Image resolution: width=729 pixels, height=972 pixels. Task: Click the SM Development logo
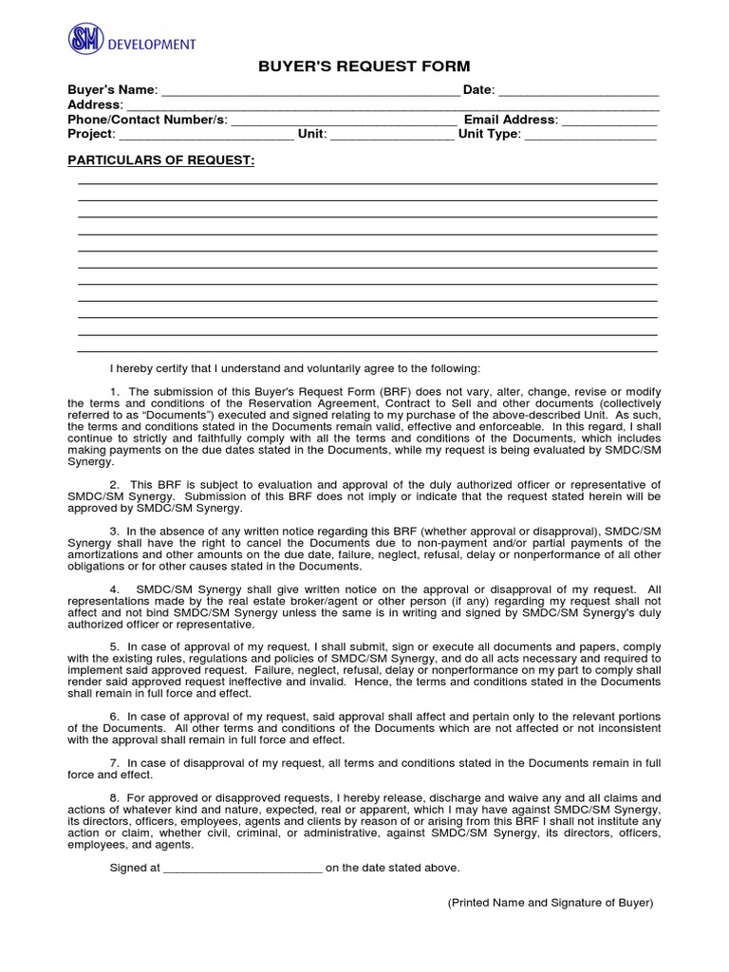pos(131,42)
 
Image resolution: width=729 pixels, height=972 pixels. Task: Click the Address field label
pos(95,104)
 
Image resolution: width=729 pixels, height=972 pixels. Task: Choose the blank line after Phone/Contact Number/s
pos(344,121)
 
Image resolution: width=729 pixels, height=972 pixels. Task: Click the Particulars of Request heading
pos(160,160)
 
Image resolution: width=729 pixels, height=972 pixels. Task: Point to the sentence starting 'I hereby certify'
pos(295,367)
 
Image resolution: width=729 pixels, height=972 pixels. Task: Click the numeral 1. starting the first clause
pos(115,392)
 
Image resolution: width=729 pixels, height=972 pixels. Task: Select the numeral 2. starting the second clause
pos(115,485)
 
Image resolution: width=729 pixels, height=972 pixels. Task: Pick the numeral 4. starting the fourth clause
pos(115,589)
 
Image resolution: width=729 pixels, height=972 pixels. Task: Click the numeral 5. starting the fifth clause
pos(115,646)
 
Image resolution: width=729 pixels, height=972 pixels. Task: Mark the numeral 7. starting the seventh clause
pos(115,763)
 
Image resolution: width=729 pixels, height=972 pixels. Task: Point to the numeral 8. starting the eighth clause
pos(115,798)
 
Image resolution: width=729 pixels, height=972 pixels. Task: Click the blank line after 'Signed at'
pos(244,868)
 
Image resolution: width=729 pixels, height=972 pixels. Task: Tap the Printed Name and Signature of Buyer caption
pos(551,903)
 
